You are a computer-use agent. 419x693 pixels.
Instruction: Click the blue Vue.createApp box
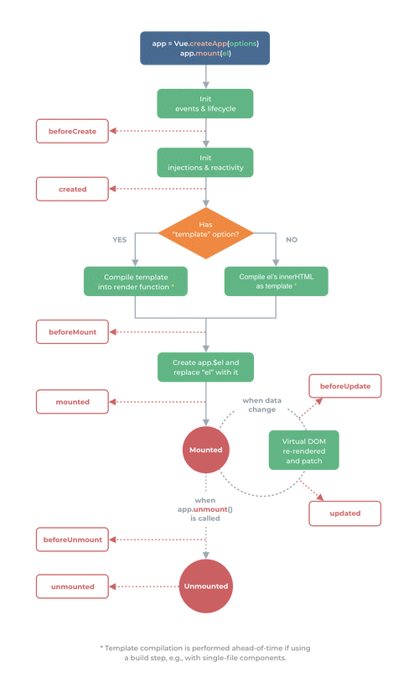coord(204,48)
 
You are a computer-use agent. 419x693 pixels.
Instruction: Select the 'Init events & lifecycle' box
coord(205,104)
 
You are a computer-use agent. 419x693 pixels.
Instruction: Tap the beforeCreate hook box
coord(72,131)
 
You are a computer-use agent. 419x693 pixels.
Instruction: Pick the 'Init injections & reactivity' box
coord(205,163)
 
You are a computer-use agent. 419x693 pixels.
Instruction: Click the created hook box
coord(72,189)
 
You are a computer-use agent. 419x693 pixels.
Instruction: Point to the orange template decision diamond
coord(206,233)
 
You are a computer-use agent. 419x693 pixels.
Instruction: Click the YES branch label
coord(120,240)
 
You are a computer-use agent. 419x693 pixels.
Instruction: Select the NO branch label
coord(292,240)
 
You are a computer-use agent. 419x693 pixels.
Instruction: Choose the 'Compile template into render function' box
coord(136,282)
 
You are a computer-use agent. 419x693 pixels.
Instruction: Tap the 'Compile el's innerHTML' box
coord(277,282)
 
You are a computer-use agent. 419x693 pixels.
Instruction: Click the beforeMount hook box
coord(72,332)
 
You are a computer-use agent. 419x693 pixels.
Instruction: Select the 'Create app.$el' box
coord(206,367)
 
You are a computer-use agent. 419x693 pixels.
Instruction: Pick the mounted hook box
coord(72,402)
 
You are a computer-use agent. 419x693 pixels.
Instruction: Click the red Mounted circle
coord(206,450)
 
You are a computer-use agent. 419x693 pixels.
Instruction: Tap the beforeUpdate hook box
coord(344,386)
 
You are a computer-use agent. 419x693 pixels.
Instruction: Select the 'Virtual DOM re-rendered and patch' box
coord(304,451)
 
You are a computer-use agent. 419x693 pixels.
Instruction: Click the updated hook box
coord(344,513)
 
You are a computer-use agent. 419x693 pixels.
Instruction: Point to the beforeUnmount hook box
coord(72,539)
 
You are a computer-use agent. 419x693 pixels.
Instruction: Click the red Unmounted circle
coord(206,586)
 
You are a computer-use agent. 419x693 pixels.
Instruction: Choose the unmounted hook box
coord(72,586)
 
